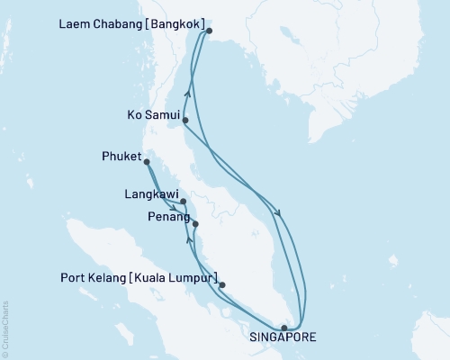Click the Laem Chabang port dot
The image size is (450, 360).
click(x=209, y=31)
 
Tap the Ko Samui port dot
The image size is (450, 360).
click(x=184, y=120)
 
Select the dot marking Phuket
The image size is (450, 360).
click(x=147, y=163)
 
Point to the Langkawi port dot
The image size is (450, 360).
click(x=183, y=202)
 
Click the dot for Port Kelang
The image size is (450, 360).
click(x=222, y=285)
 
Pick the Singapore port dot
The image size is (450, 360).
click(x=284, y=328)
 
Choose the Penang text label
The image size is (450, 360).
click(x=167, y=217)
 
